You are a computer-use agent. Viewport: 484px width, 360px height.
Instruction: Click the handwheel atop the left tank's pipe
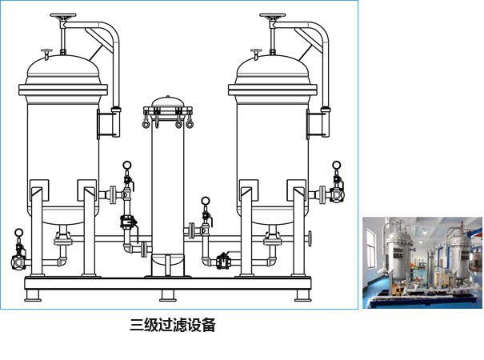(x=63, y=16)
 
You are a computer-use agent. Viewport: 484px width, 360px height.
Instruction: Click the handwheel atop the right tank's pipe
(x=273, y=16)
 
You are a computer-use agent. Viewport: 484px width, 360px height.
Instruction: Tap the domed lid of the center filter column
(x=168, y=102)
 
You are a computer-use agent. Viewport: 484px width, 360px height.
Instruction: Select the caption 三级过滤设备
(x=172, y=325)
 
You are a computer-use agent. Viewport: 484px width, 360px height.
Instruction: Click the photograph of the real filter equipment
(x=422, y=262)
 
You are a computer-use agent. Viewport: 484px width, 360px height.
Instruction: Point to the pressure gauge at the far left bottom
(x=19, y=233)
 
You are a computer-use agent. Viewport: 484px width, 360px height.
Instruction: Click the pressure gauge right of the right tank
(x=337, y=165)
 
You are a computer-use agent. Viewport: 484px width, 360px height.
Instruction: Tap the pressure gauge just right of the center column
(x=206, y=201)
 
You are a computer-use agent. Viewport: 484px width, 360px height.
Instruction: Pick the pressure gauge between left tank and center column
(x=126, y=165)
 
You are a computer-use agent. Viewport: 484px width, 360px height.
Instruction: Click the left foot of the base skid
(x=33, y=295)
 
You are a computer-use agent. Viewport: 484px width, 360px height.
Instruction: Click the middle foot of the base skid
(x=168, y=295)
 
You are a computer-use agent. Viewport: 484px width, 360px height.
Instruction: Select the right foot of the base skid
(x=302, y=295)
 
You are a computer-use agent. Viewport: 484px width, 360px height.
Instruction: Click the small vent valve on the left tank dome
(x=46, y=54)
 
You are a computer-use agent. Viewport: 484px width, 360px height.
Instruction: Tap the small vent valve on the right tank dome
(x=256, y=54)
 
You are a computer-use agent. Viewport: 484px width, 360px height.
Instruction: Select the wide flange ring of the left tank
(x=63, y=90)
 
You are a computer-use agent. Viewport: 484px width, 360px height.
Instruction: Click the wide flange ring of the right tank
(x=273, y=90)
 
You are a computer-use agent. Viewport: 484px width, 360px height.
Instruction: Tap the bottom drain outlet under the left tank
(x=63, y=235)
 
